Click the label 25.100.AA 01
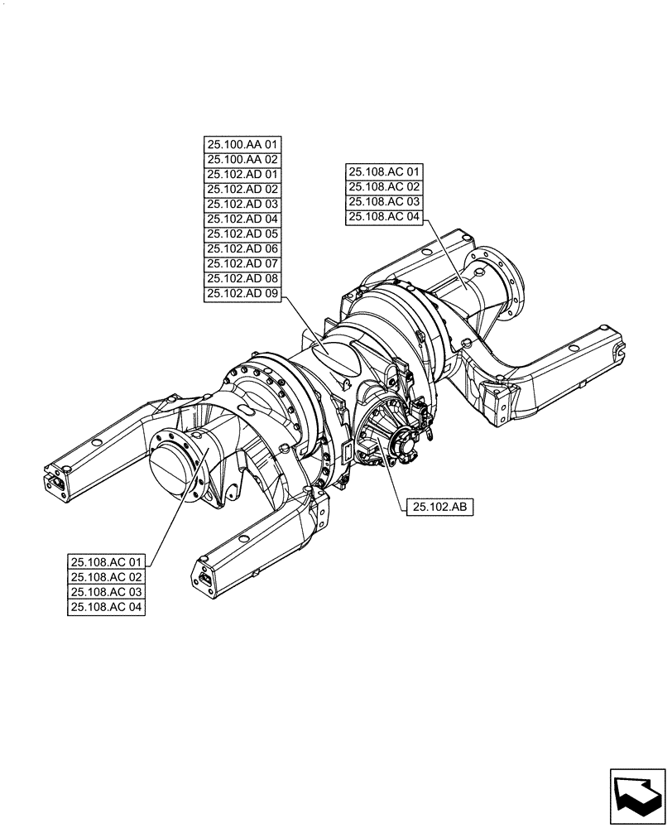(x=242, y=144)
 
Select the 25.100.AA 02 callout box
(x=242, y=159)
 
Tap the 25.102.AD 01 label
(x=242, y=174)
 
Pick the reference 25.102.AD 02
(x=242, y=189)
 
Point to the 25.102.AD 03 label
(x=242, y=204)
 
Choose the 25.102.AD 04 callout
(x=242, y=219)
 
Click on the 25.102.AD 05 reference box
(x=242, y=233)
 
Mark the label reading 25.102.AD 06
(x=242, y=248)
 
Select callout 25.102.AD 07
(x=242, y=263)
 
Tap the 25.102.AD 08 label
(x=242, y=278)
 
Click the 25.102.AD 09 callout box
(x=242, y=293)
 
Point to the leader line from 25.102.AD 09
(x=306, y=325)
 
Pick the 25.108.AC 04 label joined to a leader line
(x=384, y=217)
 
